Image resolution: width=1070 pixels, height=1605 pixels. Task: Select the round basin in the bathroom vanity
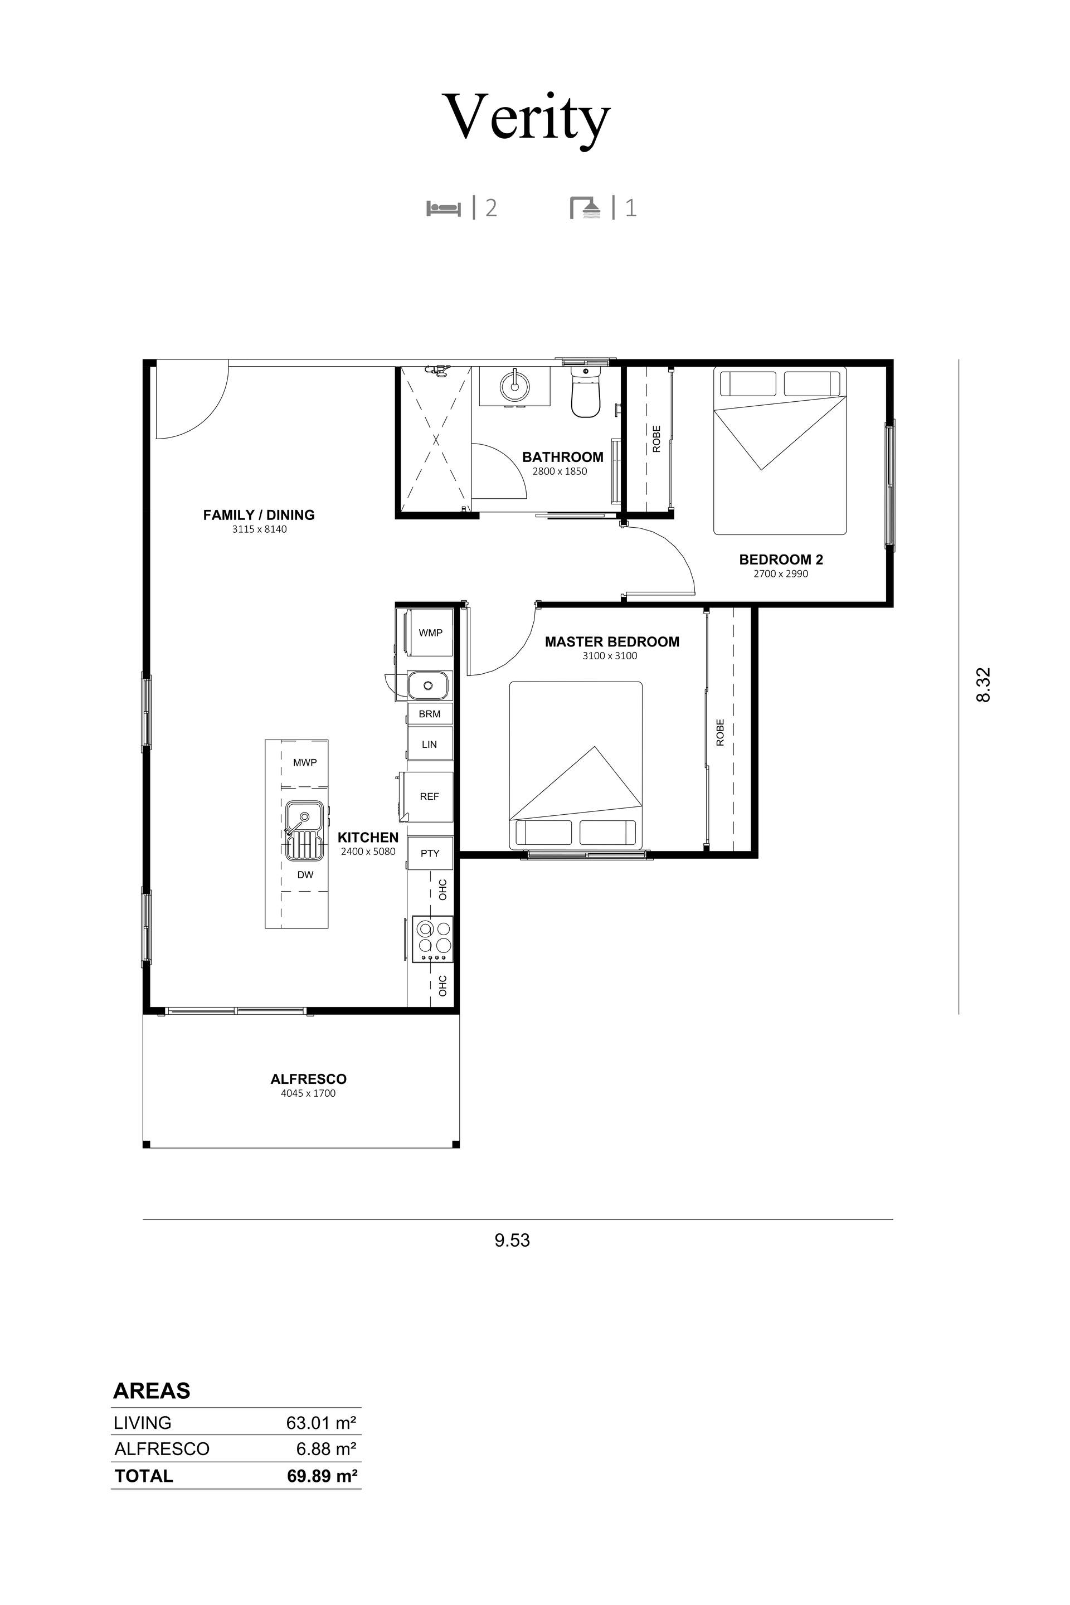(x=514, y=386)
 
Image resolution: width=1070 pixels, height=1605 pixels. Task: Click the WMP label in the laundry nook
(x=431, y=633)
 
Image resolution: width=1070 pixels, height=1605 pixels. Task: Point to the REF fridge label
(x=429, y=796)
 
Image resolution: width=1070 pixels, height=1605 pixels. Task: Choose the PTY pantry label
(x=430, y=853)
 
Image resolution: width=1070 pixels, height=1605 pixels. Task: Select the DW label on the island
(x=305, y=875)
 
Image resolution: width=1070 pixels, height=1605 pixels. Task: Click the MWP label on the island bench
(x=305, y=762)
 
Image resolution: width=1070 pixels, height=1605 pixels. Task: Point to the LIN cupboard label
(x=429, y=745)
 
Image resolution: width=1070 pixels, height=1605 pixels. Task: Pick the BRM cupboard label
(x=430, y=714)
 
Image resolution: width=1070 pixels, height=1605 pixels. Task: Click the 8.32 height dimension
(x=983, y=684)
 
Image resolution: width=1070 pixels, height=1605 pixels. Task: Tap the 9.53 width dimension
(x=513, y=1240)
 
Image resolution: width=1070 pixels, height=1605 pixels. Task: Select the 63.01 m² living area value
(x=322, y=1423)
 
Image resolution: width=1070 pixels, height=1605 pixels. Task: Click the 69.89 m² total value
(x=322, y=1476)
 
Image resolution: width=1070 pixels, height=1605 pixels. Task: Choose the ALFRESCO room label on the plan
(x=308, y=1079)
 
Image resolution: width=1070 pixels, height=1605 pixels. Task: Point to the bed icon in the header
(x=444, y=208)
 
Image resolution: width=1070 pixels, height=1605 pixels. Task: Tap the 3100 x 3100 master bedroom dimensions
(x=610, y=656)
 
